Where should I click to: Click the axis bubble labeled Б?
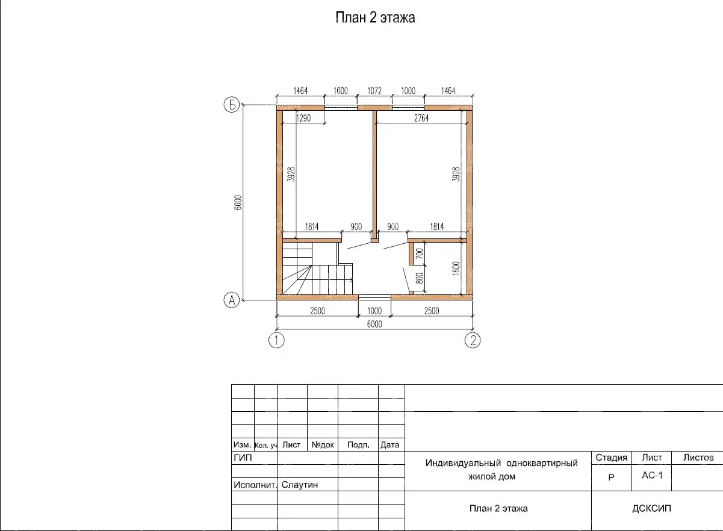coord(232,105)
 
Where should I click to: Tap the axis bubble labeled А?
coord(232,300)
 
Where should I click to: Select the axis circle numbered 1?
coord(276,340)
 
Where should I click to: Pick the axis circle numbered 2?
coord(473,340)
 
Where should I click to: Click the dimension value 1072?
coord(374,91)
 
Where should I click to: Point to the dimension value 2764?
coord(421,118)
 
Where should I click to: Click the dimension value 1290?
coord(303,118)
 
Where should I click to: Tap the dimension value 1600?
coord(456,269)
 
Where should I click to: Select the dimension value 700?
coord(419,253)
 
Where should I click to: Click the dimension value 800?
coord(419,278)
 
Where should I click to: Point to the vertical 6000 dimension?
coord(238,202)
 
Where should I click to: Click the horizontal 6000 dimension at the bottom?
coord(374,324)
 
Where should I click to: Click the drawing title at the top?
coord(375,17)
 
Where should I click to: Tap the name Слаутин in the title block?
coord(300,485)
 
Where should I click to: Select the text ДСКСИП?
coord(651,508)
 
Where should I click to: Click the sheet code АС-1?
coord(652,475)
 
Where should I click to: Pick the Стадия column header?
coord(611,458)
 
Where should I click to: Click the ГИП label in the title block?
coord(243,458)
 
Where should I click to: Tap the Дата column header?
coord(389,445)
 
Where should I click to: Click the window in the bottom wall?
coord(374,297)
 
